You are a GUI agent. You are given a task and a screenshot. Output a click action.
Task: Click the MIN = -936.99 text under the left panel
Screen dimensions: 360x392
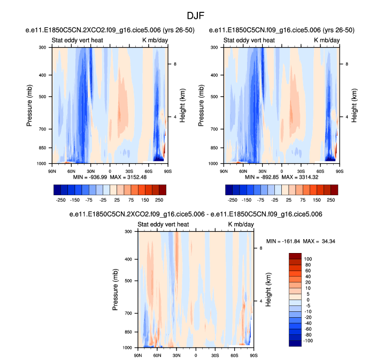(88, 177)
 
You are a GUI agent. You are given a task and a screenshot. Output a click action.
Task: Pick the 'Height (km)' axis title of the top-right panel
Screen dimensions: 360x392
(354, 105)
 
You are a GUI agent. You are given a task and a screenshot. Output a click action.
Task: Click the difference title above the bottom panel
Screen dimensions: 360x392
(196, 215)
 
